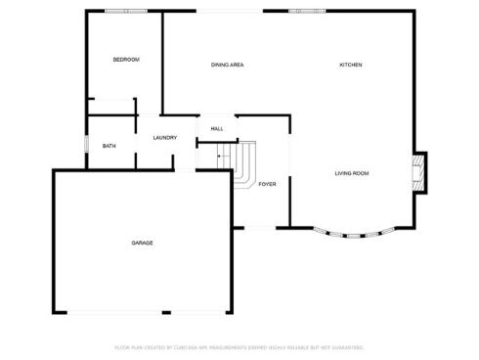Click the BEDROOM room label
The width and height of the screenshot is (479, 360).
pyautogui.click(x=126, y=60)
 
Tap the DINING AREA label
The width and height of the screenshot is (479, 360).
pyautogui.click(x=227, y=65)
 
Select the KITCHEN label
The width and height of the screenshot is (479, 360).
pyautogui.click(x=351, y=65)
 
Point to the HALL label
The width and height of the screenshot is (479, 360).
pyautogui.click(x=217, y=128)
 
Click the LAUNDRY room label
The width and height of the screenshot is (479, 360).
pyautogui.click(x=165, y=138)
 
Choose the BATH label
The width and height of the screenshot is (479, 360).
pyautogui.click(x=109, y=147)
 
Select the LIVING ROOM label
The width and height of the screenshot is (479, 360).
pyautogui.click(x=352, y=173)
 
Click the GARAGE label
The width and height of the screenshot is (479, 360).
pyautogui.click(x=143, y=243)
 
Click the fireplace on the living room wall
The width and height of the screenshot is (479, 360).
pyautogui.click(x=420, y=171)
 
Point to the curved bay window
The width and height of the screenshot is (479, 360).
pyautogui.click(x=354, y=234)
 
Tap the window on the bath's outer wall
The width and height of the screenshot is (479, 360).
pyautogui.click(x=87, y=146)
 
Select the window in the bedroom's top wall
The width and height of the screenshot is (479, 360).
pyautogui.click(x=126, y=11)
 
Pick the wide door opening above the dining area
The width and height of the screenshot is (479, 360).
pyautogui.click(x=230, y=11)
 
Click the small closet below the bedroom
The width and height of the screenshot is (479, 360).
pyautogui.click(x=109, y=107)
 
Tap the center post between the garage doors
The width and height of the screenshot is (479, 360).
pyautogui.click(x=165, y=313)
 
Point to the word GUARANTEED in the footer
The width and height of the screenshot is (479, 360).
pyautogui.click(x=347, y=346)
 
